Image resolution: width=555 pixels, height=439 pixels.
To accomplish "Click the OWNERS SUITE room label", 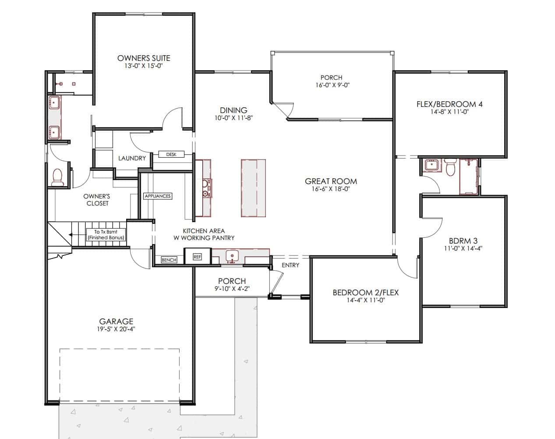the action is click(x=144, y=58).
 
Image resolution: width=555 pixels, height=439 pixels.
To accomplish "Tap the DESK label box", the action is click(x=171, y=154).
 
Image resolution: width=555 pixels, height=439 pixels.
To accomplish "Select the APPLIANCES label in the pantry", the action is click(x=158, y=196).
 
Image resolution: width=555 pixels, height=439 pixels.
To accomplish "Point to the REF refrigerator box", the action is click(x=197, y=257).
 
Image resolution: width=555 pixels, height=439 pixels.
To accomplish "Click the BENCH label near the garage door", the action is click(x=169, y=260).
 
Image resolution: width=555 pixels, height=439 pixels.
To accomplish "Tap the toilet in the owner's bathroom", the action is click(x=57, y=177).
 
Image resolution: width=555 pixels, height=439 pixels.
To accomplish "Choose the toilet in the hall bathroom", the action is click(x=451, y=167).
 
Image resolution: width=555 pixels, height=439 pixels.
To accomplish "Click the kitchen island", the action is click(x=253, y=188).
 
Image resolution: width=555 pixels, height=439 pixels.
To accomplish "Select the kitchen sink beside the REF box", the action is click(x=232, y=257).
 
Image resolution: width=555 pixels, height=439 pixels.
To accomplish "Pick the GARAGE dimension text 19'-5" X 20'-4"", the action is click(x=116, y=329).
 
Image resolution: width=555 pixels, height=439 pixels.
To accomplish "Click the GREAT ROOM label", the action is click(x=331, y=181).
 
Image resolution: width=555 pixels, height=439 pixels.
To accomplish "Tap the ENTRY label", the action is click(x=290, y=265).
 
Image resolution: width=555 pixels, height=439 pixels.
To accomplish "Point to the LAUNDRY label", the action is click(x=132, y=158).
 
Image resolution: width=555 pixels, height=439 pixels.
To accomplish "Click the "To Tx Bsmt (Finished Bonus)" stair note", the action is click(x=106, y=235).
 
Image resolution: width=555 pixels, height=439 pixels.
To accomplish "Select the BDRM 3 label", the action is click(x=463, y=241).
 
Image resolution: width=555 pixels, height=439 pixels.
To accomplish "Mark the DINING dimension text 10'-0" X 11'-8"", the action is click(x=233, y=118).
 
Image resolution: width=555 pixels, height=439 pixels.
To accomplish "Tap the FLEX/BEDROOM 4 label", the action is click(x=449, y=104).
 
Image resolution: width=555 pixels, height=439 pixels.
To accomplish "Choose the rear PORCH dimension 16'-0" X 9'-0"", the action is click(x=332, y=85).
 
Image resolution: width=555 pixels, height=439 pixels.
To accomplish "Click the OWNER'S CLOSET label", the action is click(x=97, y=200).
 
